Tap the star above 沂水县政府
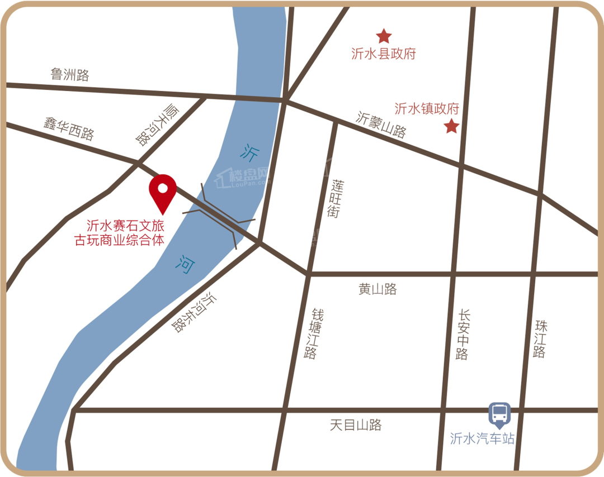[x=384, y=36]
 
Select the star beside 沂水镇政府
[x=451, y=126]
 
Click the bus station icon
[x=499, y=414]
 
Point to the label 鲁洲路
[x=70, y=74]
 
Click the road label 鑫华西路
[x=69, y=128]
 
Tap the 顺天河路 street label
[x=153, y=125]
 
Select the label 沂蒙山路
[x=381, y=125]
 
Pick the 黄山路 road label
[x=377, y=289]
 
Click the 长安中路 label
[x=463, y=334]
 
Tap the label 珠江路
[x=540, y=338]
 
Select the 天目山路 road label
[x=356, y=425]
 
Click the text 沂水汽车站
[x=482, y=438]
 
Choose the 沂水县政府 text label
[x=384, y=54]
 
